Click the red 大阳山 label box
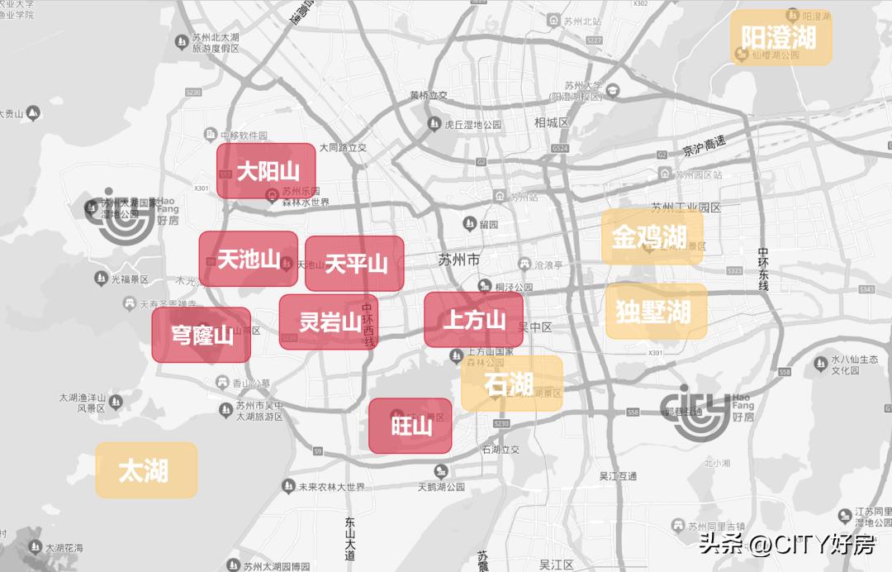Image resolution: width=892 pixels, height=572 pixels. click(266, 171)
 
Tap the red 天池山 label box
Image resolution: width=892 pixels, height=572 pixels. click(248, 259)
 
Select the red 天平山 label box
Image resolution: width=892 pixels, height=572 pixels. click(354, 264)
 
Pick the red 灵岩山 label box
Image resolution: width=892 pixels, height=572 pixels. click(328, 322)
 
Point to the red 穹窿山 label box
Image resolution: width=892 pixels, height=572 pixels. click(201, 335)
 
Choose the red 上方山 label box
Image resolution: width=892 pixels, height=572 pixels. click(473, 319)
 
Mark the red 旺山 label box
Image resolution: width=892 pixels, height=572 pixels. click(410, 426)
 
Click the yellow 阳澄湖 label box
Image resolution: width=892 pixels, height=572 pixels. click(779, 37)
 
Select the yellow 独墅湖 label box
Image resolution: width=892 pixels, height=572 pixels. click(655, 312)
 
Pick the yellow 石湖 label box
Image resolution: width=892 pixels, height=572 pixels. click(510, 384)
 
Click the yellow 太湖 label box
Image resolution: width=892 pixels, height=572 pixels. click(145, 470)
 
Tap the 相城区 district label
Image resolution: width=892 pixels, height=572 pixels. click(552, 122)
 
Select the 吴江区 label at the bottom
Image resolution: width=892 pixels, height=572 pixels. click(556, 565)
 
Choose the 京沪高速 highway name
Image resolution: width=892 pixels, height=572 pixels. click(705, 146)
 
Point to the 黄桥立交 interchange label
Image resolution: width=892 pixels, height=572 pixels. click(429, 95)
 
